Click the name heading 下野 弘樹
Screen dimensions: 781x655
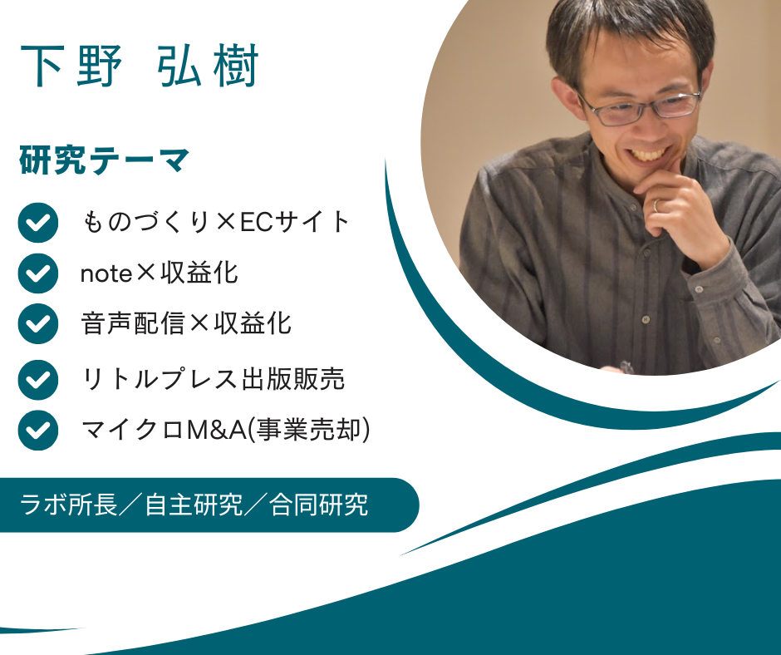tap(140, 66)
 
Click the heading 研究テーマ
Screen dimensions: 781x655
tap(105, 160)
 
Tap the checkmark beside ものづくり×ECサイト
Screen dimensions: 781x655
tap(38, 223)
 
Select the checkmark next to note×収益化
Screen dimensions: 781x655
tap(38, 273)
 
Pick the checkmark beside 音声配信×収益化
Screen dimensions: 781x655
tap(38, 323)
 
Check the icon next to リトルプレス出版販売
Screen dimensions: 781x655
tap(38, 380)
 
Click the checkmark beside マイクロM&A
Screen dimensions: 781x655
tap(38, 431)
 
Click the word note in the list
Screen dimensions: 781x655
tap(106, 273)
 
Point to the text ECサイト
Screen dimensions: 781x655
tap(295, 222)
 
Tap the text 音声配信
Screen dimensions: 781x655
tap(133, 323)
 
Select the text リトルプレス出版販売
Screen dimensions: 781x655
tap(213, 379)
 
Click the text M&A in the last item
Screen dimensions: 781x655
tap(217, 430)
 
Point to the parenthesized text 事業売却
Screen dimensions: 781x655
tap(309, 430)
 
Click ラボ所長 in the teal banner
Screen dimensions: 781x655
tap(69, 505)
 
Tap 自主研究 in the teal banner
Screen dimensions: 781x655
tap(194, 505)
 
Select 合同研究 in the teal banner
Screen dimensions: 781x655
tap(319, 505)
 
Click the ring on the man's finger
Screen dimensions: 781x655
tap(656, 204)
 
